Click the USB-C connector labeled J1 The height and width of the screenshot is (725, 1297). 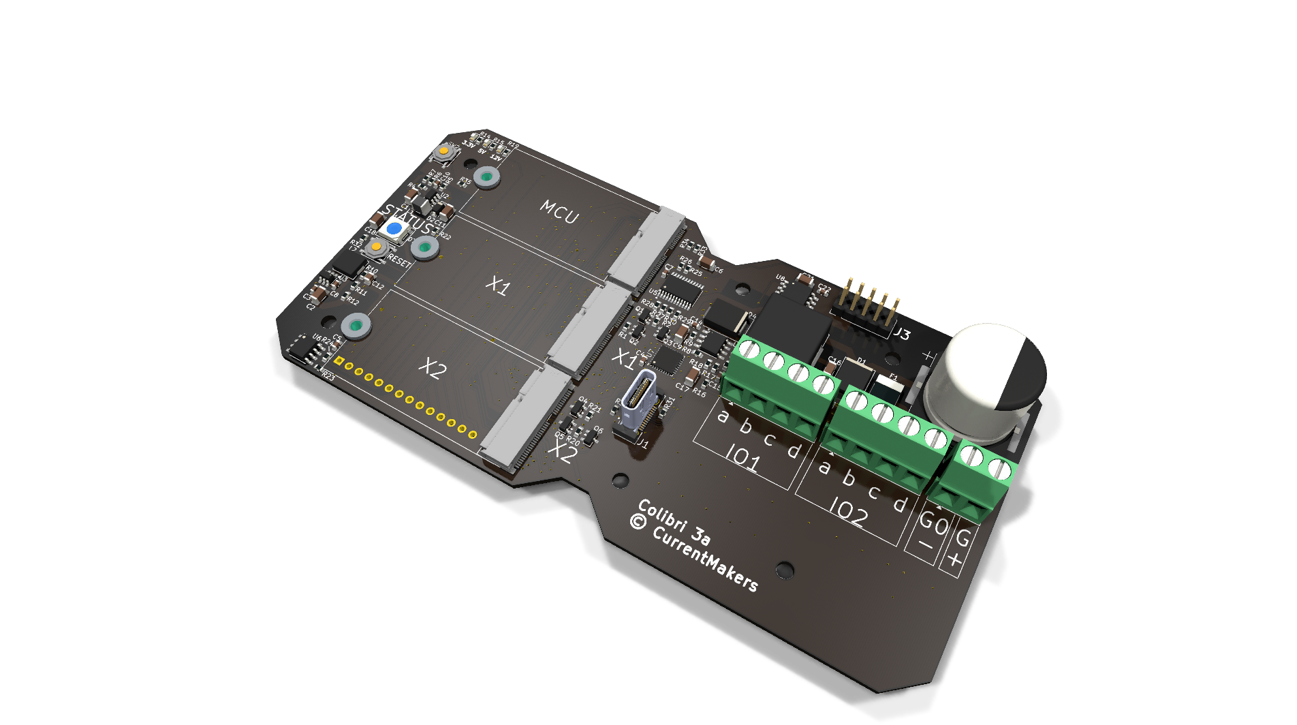(x=638, y=403)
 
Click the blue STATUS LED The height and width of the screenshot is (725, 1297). (x=394, y=228)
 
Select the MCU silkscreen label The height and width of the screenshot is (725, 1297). (x=559, y=212)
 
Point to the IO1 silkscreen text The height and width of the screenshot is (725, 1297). (x=743, y=457)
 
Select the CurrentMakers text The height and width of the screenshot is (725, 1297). (x=705, y=559)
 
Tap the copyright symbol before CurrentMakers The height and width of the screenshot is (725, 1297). (x=638, y=522)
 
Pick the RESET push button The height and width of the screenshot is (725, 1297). (x=375, y=247)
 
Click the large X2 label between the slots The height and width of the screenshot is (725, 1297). (x=433, y=369)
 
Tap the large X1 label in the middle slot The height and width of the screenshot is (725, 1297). (x=498, y=286)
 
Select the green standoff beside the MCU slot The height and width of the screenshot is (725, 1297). (x=486, y=177)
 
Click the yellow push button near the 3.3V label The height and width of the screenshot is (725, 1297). (x=443, y=151)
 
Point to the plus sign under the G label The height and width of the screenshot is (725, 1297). (x=954, y=559)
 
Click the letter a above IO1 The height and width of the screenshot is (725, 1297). (x=723, y=416)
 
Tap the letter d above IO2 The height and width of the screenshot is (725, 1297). (x=900, y=504)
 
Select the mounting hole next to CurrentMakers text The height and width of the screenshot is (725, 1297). (x=785, y=570)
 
